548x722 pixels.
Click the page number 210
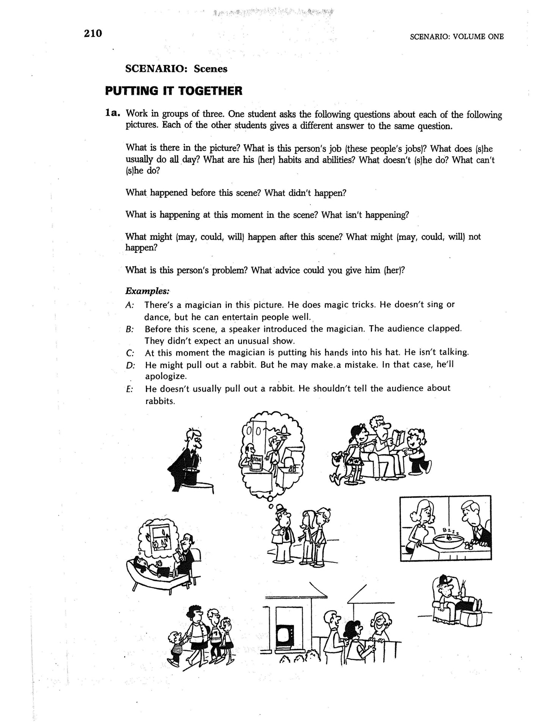tap(93, 34)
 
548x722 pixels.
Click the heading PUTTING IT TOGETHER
tap(173, 91)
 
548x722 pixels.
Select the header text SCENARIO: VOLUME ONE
tap(457, 37)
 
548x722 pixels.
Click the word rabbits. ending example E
tap(160, 401)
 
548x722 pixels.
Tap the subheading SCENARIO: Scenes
tap(176, 69)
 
